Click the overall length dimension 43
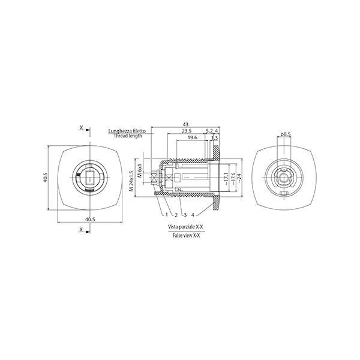tap(185, 124)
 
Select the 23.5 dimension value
tap(187, 131)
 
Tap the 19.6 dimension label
tap(193, 137)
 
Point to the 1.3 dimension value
tap(214, 138)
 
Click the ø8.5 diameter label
tap(286, 134)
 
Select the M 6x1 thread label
tap(139, 171)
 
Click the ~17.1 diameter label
tap(226, 179)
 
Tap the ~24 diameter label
tap(239, 178)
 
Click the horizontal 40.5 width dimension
tap(90, 219)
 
